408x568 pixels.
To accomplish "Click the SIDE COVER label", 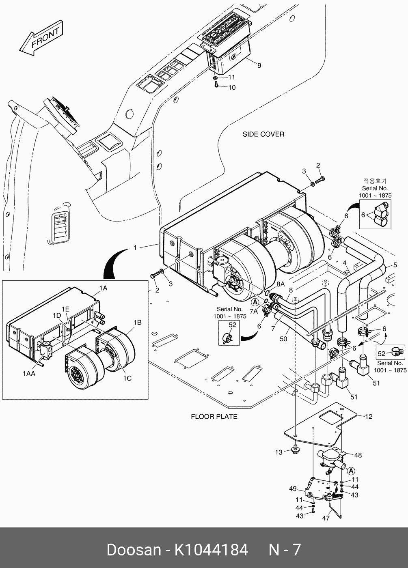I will (263, 134).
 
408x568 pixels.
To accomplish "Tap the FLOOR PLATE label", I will (214, 416).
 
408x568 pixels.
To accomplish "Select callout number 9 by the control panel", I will (259, 65).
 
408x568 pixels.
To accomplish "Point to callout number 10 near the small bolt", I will (232, 87).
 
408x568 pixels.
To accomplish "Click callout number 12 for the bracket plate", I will (368, 416).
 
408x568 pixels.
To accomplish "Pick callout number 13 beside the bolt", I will (278, 452).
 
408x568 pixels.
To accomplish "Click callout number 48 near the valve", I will (358, 455).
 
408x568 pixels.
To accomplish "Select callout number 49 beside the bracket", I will (293, 489).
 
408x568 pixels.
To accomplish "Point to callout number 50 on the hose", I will (284, 338).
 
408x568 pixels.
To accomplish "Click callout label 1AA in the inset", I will (29, 373).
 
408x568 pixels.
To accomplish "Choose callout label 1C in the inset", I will (127, 378).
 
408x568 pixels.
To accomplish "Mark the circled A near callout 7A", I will (255, 302).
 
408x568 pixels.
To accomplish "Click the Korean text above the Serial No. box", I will (375, 181).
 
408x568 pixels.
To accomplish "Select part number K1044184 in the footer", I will (211, 550).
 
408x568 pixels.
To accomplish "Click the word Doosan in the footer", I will (134, 550).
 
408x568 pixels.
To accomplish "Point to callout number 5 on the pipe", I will (395, 265).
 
